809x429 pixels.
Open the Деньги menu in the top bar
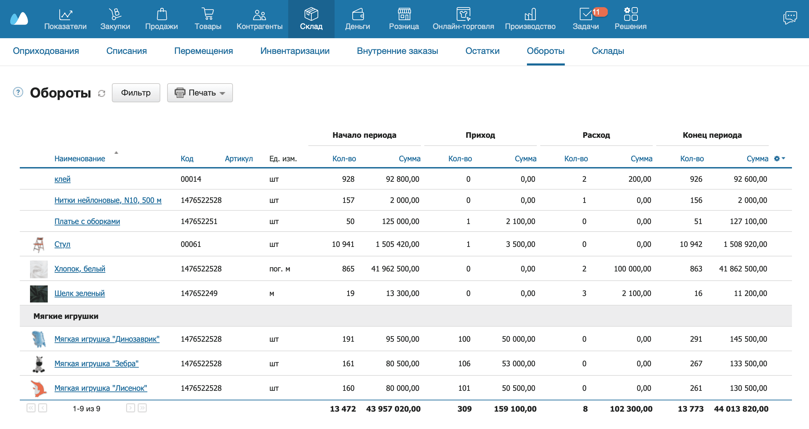point(357,19)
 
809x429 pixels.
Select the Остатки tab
point(482,51)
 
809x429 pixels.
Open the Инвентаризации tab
point(295,51)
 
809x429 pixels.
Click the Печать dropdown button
point(200,93)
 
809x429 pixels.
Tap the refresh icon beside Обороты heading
point(102,93)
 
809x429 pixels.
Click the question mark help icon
point(18,92)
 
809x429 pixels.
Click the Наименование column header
point(80,159)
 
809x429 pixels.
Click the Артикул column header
point(239,159)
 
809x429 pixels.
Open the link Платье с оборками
point(87,221)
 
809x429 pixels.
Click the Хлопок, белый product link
point(80,269)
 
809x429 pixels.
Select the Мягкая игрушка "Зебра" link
point(97,364)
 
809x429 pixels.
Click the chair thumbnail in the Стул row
point(39,245)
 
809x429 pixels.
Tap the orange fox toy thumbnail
point(39,388)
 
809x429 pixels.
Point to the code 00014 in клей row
point(191,179)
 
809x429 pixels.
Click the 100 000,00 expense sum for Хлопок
point(632,269)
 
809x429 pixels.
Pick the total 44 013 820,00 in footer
point(741,409)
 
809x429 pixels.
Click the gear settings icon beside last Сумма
point(777,159)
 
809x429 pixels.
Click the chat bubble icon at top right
point(790,17)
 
